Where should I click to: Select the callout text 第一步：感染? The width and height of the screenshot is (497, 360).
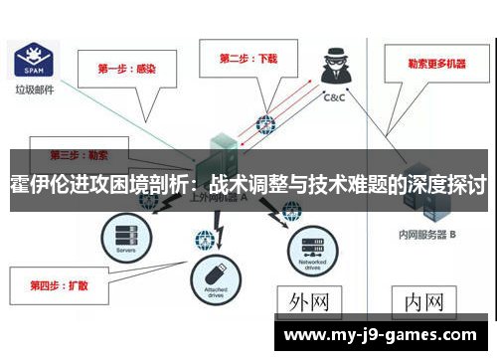click(x=126, y=70)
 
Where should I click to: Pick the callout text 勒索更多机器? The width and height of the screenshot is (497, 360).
click(x=435, y=63)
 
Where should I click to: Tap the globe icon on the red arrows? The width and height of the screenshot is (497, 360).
click(x=265, y=125)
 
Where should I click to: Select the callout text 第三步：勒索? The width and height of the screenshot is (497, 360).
click(x=80, y=156)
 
